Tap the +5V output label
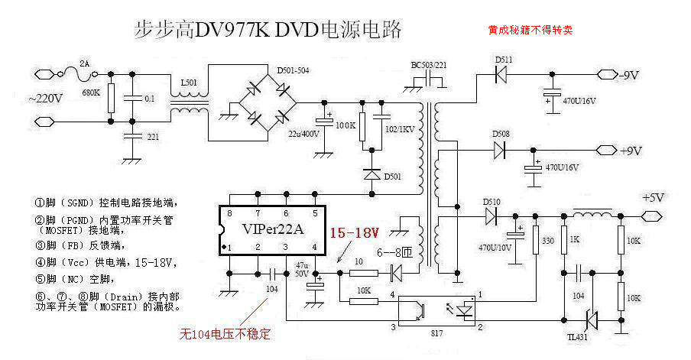coord(654,197)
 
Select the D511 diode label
coord(504,59)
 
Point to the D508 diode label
coord(500,134)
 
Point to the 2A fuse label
coord(85,63)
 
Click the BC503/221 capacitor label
coord(430,64)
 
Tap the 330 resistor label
coord(547,242)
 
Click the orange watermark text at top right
coord(530,31)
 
